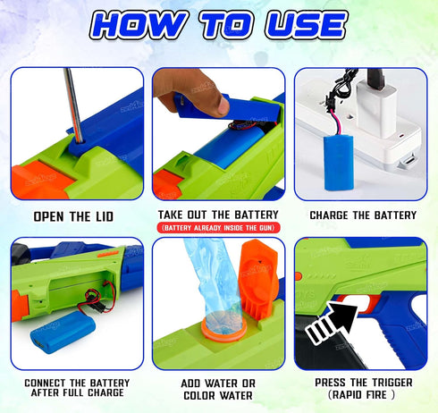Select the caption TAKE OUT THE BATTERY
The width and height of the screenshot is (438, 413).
pos(219,215)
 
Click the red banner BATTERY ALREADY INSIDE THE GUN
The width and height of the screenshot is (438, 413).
pos(219,228)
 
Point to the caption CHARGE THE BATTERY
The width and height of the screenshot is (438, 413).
pos(362,215)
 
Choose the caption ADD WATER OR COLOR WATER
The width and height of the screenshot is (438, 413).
pos(219,388)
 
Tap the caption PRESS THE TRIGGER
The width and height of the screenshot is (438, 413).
pos(362,382)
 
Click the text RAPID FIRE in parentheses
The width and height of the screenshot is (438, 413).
pos(362,394)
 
